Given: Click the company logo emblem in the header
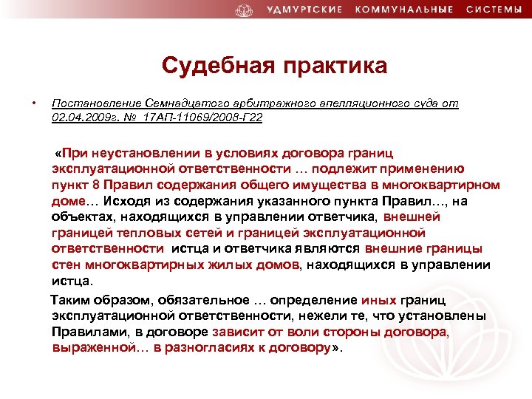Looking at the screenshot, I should pos(244,10).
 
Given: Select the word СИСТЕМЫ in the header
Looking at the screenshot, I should pos(494,10).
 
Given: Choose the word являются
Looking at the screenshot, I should pos(324,249).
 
